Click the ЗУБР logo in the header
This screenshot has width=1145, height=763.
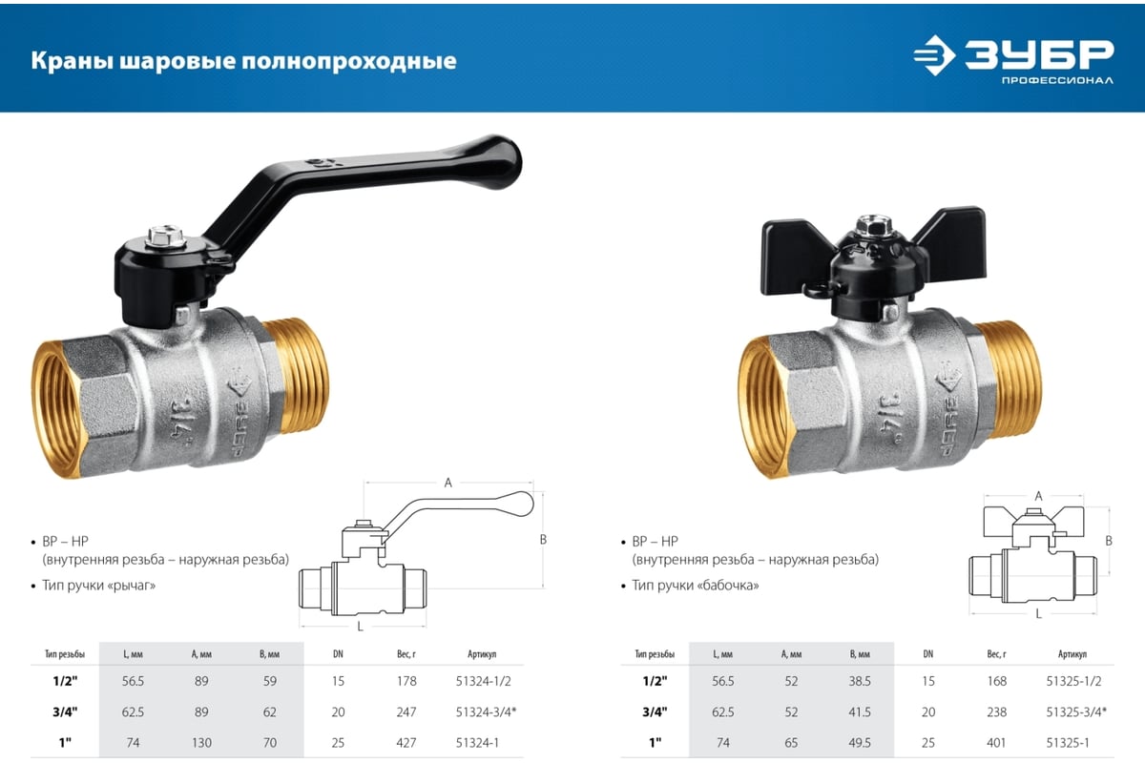click(x=1013, y=59)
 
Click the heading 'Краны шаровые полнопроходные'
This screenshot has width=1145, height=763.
click(x=243, y=62)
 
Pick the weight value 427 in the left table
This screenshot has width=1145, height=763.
click(x=407, y=742)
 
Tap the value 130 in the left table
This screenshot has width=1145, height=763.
click(x=200, y=742)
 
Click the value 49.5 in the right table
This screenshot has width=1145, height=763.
click(x=861, y=742)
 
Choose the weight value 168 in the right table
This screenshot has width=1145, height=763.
click(x=996, y=681)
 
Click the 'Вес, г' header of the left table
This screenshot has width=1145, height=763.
click(x=407, y=654)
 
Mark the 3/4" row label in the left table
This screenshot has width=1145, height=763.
click(x=65, y=711)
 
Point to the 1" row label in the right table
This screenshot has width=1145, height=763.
click(x=655, y=742)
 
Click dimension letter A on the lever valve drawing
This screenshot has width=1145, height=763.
click(x=448, y=483)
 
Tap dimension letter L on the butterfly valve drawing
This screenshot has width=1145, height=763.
click(x=1038, y=614)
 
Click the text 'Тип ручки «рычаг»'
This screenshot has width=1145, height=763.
click(x=99, y=585)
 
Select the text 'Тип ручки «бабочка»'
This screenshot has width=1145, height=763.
click(x=696, y=585)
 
